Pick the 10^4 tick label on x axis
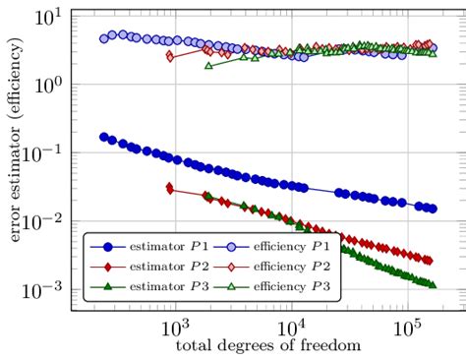(x=292, y=328)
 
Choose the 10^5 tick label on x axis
(x=407, y=328)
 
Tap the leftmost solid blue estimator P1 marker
(x=104, y=138)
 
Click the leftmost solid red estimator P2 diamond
(x=170, y=188)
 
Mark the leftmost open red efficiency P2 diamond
(x=170, y=56)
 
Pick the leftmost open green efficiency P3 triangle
(x=207, y=65)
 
